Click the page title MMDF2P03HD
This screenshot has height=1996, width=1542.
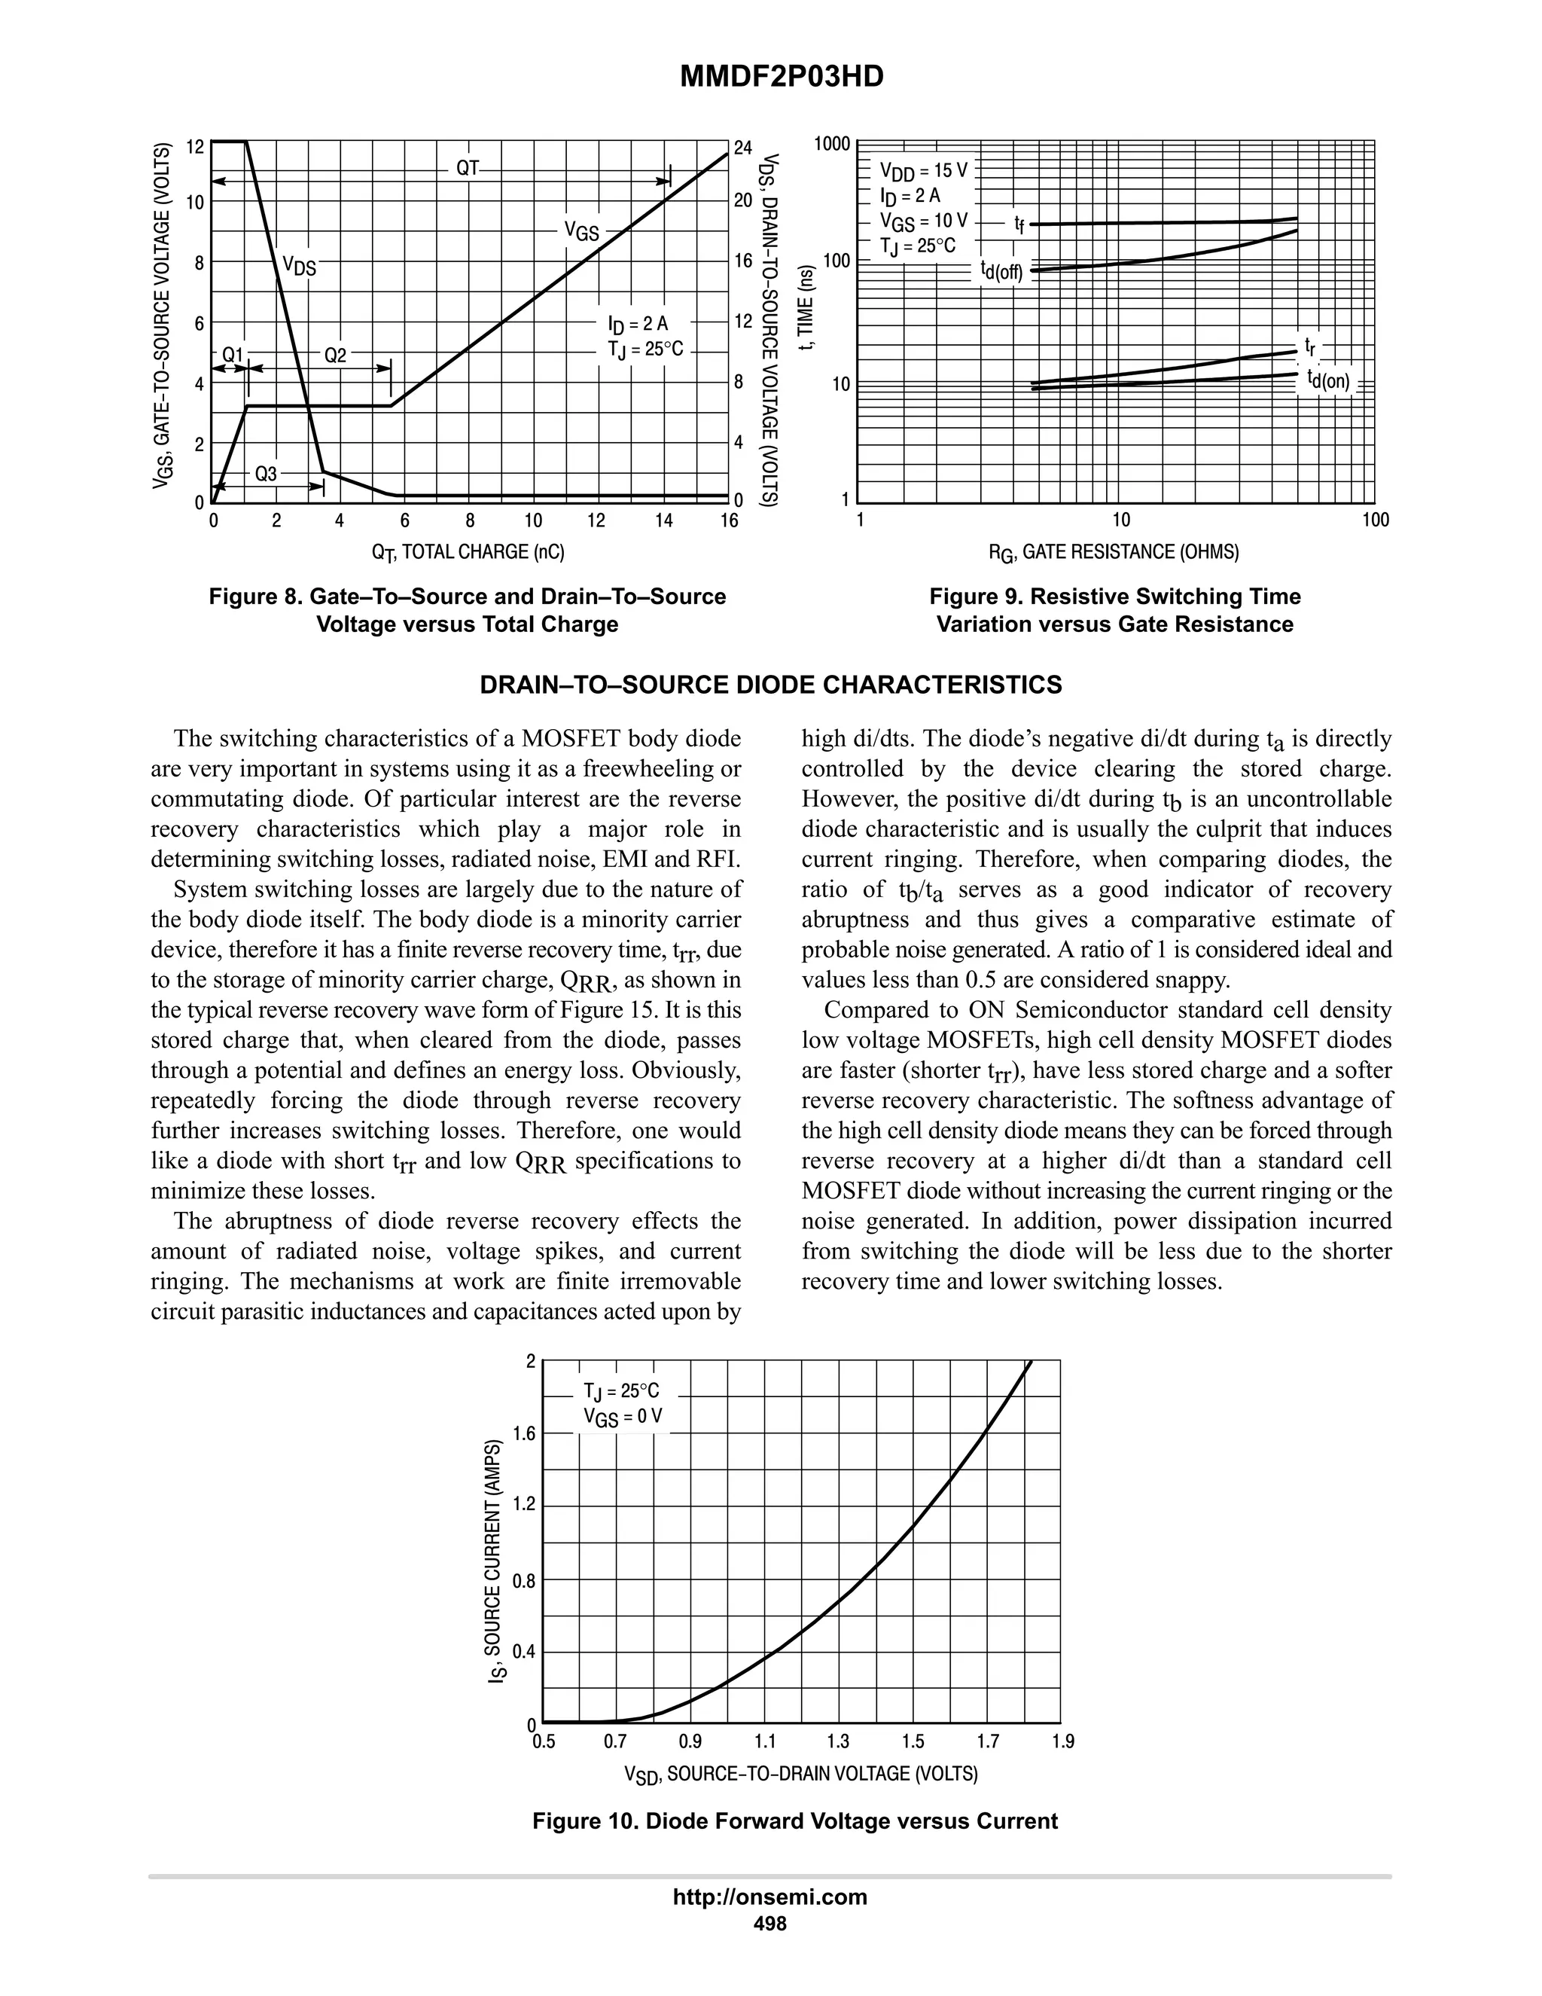click(782, 78)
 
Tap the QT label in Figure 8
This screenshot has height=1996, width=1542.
click(468, 168)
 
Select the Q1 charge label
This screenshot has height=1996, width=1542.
click(233, 355)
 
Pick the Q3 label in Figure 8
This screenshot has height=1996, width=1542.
click(266, 474)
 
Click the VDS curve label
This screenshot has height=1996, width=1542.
click(299, 266)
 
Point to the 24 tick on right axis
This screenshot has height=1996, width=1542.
click(742, 147)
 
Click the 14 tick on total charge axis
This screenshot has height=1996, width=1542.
click(664, 521)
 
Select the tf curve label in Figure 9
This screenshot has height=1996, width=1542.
click(1019, 223)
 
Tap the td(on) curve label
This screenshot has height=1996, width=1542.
click(1328, 380)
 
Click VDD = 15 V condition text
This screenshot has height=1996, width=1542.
click(922, 170)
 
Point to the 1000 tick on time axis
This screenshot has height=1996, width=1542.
click(832, 143)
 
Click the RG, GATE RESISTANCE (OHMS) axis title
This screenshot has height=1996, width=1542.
click(1114, 552)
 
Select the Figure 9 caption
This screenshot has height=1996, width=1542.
click(1114, 611)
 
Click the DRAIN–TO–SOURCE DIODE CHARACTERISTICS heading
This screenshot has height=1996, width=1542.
click(771, 685)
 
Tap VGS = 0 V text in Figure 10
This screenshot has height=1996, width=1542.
click(622, 1418)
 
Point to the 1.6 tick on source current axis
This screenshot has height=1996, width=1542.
click(523, 1434)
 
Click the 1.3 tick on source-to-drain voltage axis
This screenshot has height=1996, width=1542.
click(838, 1742)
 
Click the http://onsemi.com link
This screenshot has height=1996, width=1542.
click(769, 1897)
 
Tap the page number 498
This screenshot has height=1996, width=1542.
click(769, 1923)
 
